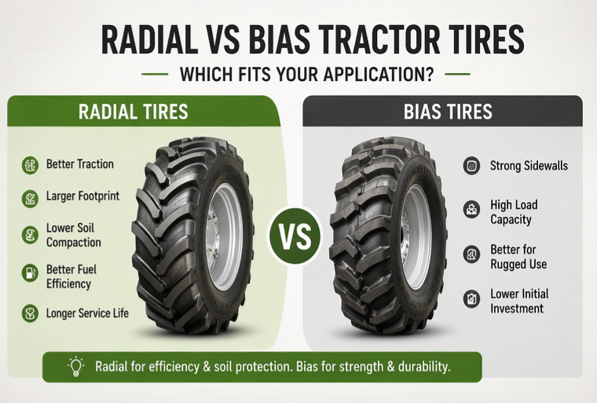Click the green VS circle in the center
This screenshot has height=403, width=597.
[298, 235]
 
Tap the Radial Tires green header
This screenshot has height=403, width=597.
[134, 112]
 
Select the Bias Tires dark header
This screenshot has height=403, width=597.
[448, 112]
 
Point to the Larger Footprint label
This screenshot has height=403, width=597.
[83, 196]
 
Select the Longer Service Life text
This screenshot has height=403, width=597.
[87, 313]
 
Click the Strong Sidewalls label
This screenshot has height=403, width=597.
[529, 166]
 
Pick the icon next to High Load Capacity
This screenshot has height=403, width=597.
[472, 211]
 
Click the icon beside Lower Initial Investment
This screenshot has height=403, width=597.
[472, 300]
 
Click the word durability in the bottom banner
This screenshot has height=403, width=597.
[424, 367]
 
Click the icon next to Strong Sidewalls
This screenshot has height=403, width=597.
[472, 166]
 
